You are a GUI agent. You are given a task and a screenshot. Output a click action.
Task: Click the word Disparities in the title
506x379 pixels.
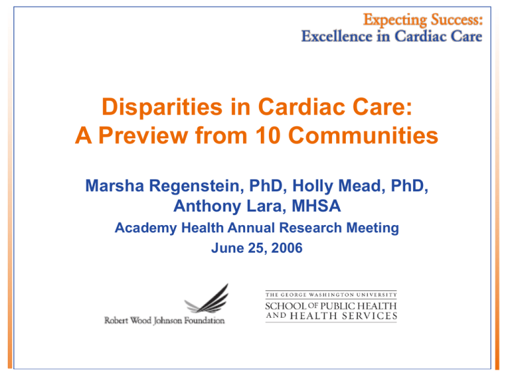[162, 108]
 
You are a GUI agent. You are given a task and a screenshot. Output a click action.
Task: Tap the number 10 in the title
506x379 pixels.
[268, 136]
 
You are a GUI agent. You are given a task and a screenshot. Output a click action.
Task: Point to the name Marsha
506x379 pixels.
[115, 186]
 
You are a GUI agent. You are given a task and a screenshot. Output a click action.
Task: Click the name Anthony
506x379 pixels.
[207, 207]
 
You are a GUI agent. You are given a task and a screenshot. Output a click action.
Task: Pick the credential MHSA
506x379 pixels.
[316, 206]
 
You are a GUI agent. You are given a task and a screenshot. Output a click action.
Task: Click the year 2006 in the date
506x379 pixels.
[287, 248]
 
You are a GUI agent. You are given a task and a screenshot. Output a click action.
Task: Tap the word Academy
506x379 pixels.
[146, 228]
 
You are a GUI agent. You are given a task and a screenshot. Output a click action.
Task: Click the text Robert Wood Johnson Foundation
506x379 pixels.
[164, 320]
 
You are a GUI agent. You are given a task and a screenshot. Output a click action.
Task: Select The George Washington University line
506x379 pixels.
[331, 295]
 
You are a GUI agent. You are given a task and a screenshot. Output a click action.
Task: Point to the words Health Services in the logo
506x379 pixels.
[344, 316]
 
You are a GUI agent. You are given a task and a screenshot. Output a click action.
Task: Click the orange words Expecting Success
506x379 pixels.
[423, 20]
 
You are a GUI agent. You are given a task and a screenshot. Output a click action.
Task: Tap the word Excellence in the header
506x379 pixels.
[337, 36]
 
